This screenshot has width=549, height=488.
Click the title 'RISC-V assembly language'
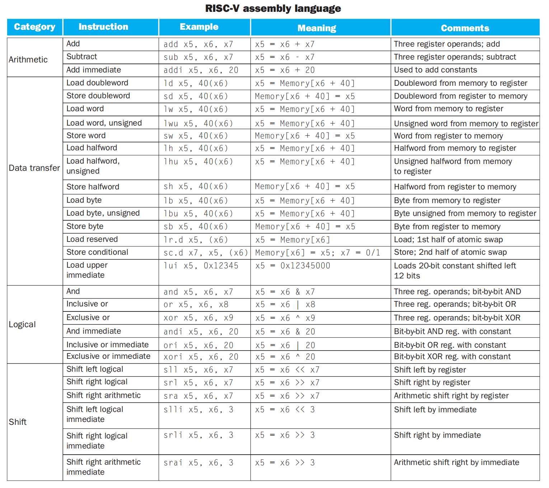click(273, 8)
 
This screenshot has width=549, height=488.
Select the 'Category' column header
click(34, 27)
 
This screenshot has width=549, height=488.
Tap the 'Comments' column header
click(465, 28)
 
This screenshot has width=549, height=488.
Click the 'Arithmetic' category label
click(28, 60)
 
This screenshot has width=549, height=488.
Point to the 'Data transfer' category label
click(34, 168)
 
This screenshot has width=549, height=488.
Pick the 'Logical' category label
click(22, 324)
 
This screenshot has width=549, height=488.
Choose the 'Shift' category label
click(18, 422)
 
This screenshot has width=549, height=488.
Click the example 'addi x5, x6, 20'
click(201, 70)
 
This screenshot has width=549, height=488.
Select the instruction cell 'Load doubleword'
click(97, 83)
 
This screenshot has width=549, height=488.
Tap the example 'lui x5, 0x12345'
click(201, 266)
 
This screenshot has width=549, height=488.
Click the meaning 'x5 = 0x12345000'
click(292, 266)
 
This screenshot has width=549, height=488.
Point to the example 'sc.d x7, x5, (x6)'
click(205, 253)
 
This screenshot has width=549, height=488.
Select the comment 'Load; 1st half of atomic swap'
click(448, 240)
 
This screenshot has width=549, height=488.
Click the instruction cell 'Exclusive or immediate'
click(108, 356)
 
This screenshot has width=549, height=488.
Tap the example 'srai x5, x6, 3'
click(198, 463)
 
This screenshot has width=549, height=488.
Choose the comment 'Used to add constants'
click(435, 70)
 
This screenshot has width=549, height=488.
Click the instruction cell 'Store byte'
click(85, 226)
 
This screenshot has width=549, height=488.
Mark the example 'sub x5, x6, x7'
click(198, 57)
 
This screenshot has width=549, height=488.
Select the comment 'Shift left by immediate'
click(435, 410)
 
